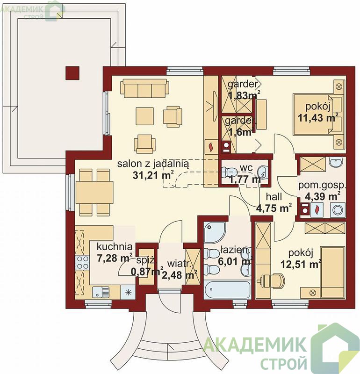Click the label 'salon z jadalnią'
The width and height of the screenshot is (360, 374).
coord(153,165)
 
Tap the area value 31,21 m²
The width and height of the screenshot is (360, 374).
coord(153,175)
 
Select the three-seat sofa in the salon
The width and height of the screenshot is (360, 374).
coord(145,88)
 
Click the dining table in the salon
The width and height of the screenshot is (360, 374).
coord(94,192)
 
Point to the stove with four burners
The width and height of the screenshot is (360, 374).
coord(82,262)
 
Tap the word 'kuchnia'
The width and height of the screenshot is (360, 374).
coord(115,246)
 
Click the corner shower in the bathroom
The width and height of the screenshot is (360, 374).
coord(215,233)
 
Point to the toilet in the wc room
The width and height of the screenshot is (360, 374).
coord(229,172)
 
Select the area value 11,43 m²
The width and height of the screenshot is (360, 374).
coord(318,117)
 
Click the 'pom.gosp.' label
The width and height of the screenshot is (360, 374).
coord(322,185)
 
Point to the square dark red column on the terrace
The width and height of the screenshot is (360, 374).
coord(72,73)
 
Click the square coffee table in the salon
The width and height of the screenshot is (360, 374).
coord(145,116)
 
